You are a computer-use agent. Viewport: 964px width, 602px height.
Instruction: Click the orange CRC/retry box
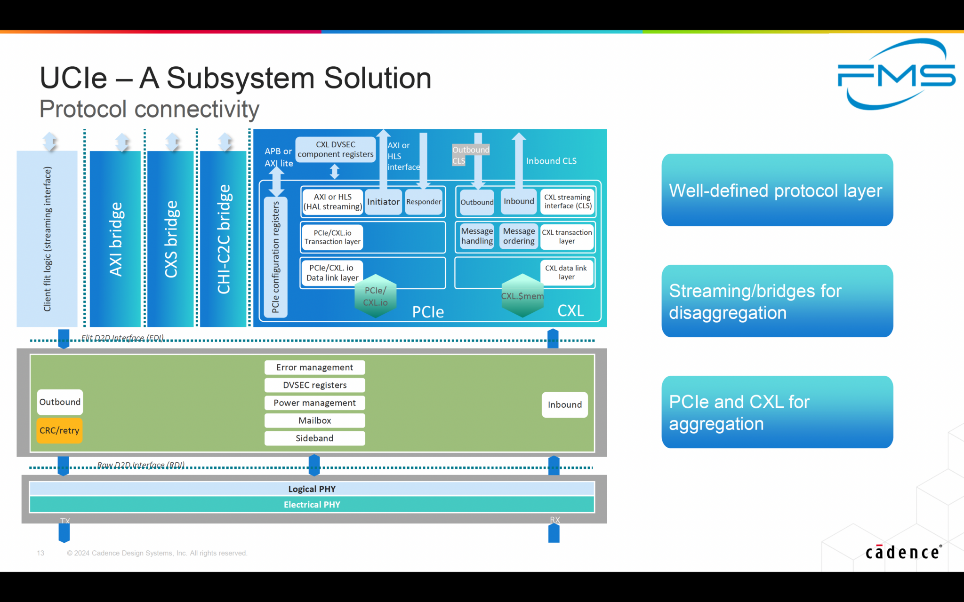coord(59,430)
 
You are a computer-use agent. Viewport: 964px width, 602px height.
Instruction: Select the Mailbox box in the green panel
coord(314,420)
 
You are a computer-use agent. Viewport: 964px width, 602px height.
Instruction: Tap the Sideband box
coord(314,438)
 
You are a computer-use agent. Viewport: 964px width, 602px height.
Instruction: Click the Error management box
coord(314,367)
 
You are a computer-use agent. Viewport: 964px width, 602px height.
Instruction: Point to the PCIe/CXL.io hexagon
coord(375,296)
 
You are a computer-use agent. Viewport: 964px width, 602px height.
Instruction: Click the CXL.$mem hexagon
coord(522,296)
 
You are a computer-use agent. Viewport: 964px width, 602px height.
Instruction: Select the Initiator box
coord(383,202)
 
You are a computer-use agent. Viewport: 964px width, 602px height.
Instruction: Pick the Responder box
coord(424,202)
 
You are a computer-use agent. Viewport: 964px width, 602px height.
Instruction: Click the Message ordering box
coord(519,236)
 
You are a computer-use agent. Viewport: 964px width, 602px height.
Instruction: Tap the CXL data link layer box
coord(566,272)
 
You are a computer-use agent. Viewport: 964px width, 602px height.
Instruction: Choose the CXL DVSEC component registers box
coord(335,150)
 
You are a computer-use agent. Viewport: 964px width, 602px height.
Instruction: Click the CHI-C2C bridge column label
coord(224,239)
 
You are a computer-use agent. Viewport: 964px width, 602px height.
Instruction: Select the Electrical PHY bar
coord(312,505)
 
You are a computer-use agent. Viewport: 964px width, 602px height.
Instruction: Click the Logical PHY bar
coord(312,489)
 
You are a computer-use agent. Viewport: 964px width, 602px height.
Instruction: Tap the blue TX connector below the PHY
coord(64,532)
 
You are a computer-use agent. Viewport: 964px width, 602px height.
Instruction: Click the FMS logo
coord(896,74)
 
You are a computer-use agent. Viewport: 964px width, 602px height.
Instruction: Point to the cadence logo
coord(903,552)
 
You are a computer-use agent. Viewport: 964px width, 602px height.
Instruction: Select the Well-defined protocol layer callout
coord(777,190)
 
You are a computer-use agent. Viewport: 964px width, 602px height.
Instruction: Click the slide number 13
coord(40,553)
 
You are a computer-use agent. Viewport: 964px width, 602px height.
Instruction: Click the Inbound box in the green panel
coord(564,404)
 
